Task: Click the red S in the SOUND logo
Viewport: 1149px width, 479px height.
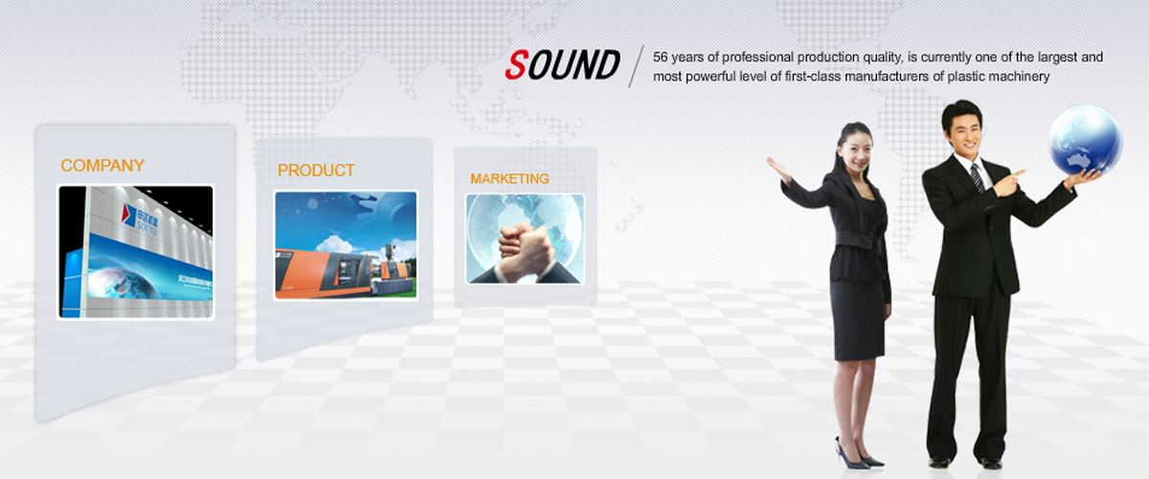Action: tap(516, 65)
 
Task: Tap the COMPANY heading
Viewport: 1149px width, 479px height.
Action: tap(102, 166)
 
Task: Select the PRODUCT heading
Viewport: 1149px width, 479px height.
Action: tap(316, 171)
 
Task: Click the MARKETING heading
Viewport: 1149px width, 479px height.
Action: tap(509, 178)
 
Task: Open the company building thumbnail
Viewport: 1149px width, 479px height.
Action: tap(135, 252)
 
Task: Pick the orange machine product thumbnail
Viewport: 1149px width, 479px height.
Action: tap(347, 245)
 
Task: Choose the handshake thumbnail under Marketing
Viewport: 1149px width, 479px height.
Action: tap(525, 239)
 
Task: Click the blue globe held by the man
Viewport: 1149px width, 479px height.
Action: tap(1084, 140)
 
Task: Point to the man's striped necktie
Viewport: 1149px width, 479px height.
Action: tap(977, 177)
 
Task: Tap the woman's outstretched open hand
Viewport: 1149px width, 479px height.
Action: tap(778, 170)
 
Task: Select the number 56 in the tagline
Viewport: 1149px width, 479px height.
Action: tap(660, 57)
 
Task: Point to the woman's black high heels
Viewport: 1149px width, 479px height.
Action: tap(858, 456)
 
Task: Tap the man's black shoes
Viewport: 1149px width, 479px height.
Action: tap(965, 462)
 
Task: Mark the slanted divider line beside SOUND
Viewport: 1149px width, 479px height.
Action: tap(637, 66)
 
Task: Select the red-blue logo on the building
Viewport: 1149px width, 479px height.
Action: tap(128, 214)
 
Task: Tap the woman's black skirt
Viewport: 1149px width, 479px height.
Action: tap(859, 318)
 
